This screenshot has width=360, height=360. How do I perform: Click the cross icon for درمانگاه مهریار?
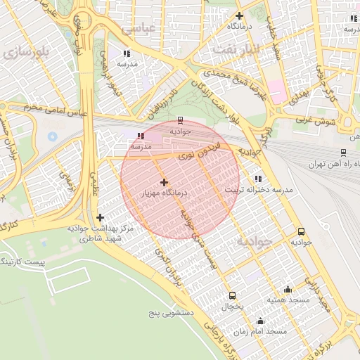coord(165,182)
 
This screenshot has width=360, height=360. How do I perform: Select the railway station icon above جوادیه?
coord(181,120)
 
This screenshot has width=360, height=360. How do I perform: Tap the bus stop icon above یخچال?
coord(233,295)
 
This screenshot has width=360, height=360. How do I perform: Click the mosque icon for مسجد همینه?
coord(288,289)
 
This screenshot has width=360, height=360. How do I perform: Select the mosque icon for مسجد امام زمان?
coord(261,320)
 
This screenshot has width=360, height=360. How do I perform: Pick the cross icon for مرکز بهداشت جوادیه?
coord(100,218)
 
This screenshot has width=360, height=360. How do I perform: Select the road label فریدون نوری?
coord(199,149)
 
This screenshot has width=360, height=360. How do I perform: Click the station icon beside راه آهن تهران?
coord(342,152)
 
